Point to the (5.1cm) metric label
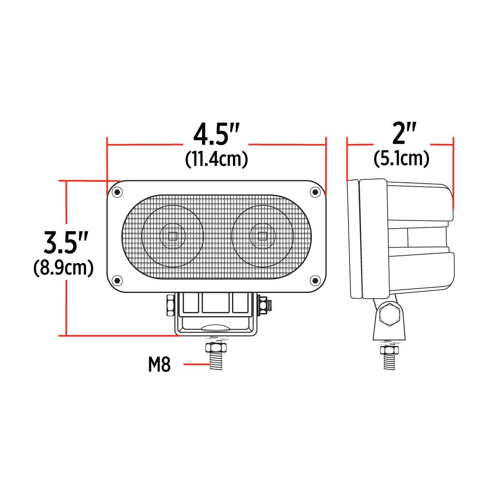(402, 159)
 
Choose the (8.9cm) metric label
(63, 268)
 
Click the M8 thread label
(159, 365)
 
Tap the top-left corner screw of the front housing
(117, 192)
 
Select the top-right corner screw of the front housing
(315, 192)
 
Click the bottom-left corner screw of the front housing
(117, 280)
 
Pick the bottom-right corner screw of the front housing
(315, 280)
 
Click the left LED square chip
(173, 236)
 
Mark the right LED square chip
(262, 236)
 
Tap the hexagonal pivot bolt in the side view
(390, 315)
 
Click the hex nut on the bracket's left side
(170, 305)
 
